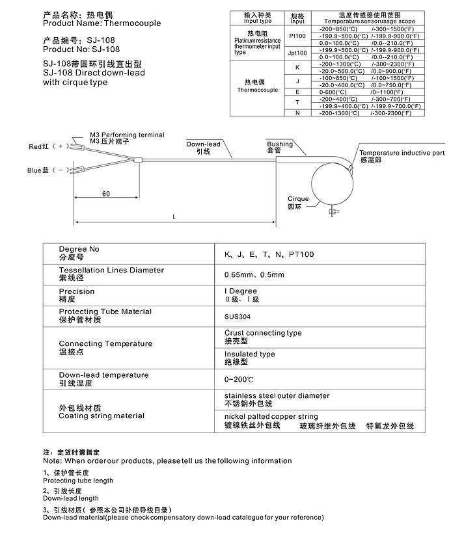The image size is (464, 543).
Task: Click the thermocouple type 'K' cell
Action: click(297, 68)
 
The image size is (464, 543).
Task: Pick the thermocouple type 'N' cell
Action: click(297, 113)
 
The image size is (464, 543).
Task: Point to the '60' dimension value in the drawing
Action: click(105, 194)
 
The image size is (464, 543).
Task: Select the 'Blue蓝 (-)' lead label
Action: click(48, 170)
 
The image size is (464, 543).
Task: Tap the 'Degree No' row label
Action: click(79, 249)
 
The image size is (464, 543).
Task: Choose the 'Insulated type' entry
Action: click(249, 354)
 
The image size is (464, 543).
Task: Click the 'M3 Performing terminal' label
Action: click(127, 135)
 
